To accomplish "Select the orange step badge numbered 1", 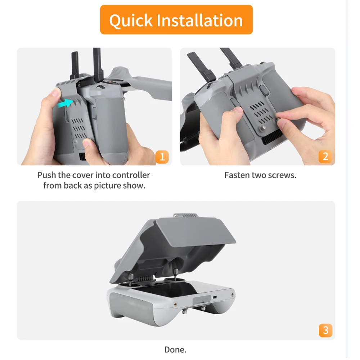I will tap(162, 157).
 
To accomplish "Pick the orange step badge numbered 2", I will tap(325, 157).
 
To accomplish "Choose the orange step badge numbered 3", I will tap(325, 330).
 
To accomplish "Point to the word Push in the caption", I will tap(47, 175).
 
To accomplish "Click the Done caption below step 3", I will tap(175, 349).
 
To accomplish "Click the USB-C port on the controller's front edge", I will tap(215, 298).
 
